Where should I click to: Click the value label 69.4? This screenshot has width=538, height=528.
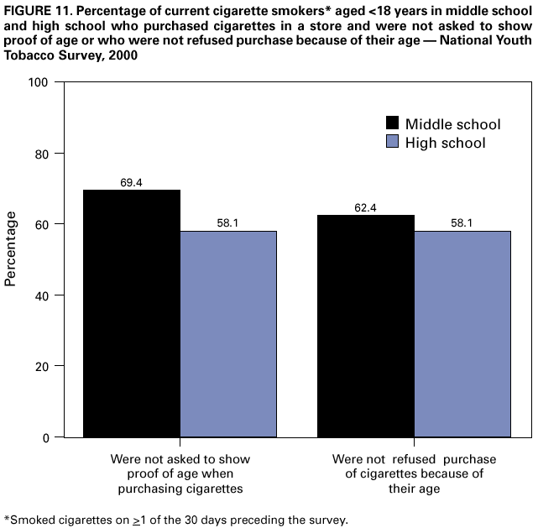[131, 181]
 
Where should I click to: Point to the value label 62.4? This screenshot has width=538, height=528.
[365, 206]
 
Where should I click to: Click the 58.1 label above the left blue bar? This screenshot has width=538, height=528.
[228, 222]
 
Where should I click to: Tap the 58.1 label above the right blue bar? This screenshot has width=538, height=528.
[462, 222]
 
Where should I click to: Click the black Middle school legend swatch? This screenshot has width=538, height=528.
[392, 123]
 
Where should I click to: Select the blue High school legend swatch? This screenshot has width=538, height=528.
[392, 143]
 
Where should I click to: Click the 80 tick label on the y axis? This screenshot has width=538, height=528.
[41, 154]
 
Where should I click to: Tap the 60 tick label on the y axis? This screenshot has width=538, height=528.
[41, 224]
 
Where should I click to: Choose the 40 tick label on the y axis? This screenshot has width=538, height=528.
[41, 295]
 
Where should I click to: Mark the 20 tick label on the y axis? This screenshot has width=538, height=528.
[41, 366]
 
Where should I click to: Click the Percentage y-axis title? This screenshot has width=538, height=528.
[12, 248]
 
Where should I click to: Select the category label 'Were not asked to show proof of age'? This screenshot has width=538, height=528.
[180, 473]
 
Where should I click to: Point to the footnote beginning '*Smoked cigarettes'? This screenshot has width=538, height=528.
[175, 519]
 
